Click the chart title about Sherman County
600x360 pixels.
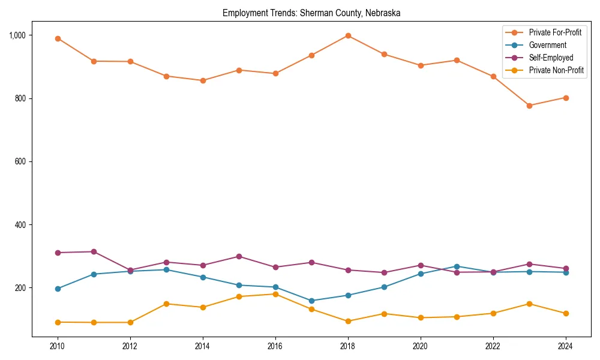[311, 13]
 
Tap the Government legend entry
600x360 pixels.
[547, 45]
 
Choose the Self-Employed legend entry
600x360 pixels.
[551, 58]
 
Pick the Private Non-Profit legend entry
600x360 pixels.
[556, 70]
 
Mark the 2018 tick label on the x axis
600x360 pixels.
[347, 346]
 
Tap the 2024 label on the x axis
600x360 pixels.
[565, 346]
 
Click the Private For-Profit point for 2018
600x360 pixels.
[348, 35]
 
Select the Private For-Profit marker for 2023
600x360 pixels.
[529, 106]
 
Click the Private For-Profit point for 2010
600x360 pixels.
[58, 38]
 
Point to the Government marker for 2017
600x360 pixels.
[311, 301]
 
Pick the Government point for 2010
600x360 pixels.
[58, 289]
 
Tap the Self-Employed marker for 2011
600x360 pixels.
[94, 251]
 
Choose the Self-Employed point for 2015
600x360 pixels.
[239, 256]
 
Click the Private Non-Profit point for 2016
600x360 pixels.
[275, 294]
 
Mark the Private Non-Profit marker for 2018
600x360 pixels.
[348, 321]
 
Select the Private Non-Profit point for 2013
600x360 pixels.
[166, 304]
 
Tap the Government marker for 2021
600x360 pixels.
[457, 266]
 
